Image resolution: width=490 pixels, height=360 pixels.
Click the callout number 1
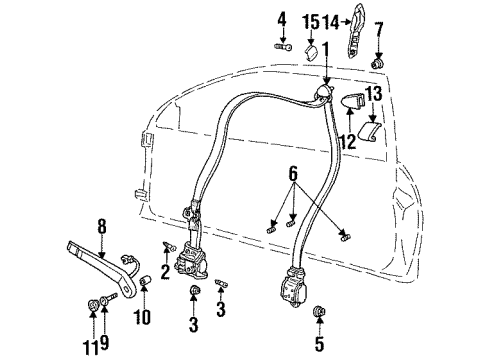[x=325, y=48]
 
